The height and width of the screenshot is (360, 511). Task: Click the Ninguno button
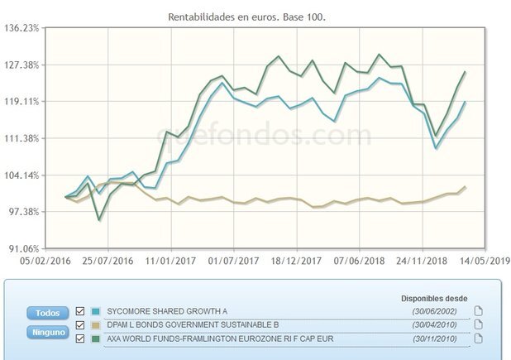click(x=47, y=331)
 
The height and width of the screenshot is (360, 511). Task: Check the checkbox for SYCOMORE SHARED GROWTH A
click(x=80, y=311)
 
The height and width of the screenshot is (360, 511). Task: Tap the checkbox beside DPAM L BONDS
click(x=80, y=324)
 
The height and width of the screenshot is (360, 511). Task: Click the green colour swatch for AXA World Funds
click(x=96, y=338)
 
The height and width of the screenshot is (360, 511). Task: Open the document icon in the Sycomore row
click(x=478, y=311)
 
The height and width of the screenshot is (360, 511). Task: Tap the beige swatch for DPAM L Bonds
click(x=96, y=324)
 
